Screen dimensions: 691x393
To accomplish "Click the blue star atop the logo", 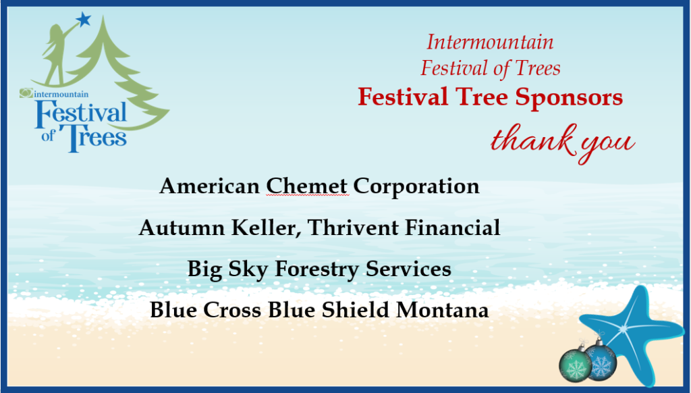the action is click(x=83, y=20).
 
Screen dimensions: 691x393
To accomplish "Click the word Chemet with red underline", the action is click(x=307, y=186).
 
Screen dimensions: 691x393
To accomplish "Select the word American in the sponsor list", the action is click(x=209, y=186).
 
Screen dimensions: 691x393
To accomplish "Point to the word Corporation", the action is click(x=416, y=186).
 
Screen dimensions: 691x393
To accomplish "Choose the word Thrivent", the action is click(x=354, y=228).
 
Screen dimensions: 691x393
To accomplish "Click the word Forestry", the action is click(x=317, y=269).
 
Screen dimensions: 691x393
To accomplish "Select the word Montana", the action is click(x=443, y=310).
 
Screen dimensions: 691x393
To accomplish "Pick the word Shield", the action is click(x=356, y=310).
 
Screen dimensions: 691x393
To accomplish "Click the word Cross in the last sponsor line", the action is click(x=232, y=310).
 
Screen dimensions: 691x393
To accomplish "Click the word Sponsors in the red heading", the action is click(x=569, y=97).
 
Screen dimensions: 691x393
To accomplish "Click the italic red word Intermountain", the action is click(x=490, y=42).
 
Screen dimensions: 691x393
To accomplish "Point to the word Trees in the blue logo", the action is click(x=93, y=137).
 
